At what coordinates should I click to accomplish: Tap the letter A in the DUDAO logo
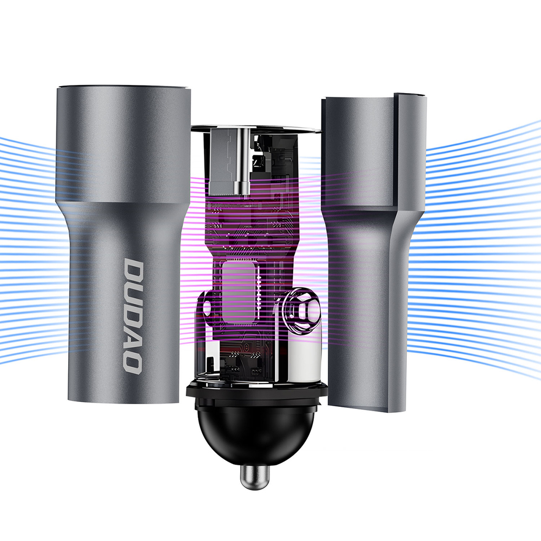pyautogui.click(x=132, y=336)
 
